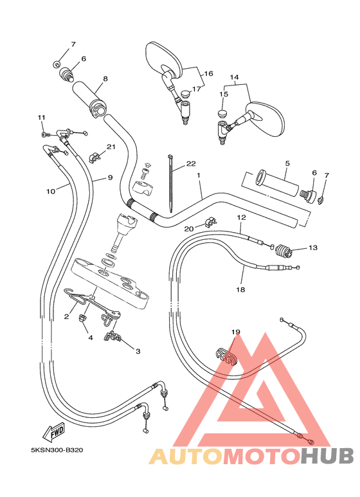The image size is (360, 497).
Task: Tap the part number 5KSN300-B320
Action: [57, 450]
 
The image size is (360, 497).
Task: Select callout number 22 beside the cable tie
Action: [191, 163]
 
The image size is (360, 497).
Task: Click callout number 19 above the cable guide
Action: [235, 332]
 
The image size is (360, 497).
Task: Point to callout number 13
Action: [313, 248]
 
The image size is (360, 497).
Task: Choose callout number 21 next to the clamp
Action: [111, 147]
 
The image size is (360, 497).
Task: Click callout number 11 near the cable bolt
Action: [42, 117]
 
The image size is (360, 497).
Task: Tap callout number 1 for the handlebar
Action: [199, 175]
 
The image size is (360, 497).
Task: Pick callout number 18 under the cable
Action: [240, 289]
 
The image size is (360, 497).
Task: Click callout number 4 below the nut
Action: [91, 338]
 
